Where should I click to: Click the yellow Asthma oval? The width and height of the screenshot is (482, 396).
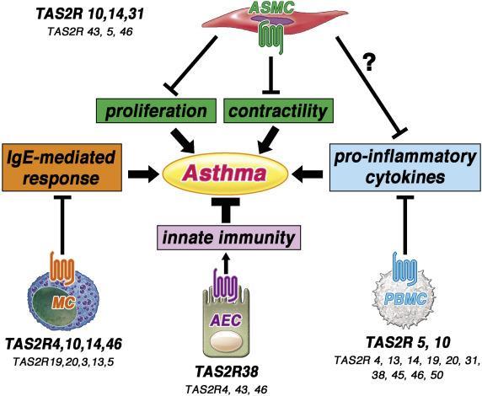[225, 173]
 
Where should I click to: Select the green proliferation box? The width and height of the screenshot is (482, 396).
[156, 110]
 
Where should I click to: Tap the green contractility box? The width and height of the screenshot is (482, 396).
[278, 110]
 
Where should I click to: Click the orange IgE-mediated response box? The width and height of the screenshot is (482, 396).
[62, 167]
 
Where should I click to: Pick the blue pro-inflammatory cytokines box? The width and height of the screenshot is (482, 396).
[405, 167]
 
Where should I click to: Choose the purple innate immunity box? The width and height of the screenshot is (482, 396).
[229, 238]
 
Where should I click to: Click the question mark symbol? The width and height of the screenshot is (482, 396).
[369, 62]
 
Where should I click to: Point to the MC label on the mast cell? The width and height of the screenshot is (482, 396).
[63, 303]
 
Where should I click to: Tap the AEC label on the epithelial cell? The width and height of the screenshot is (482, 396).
[225, 320]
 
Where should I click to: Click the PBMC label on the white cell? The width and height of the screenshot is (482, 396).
[405, 299]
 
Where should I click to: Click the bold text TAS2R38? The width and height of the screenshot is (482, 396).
[227, 372]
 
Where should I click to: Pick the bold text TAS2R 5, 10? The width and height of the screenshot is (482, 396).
[408, 343]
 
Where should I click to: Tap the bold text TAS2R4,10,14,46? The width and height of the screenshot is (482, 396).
[64, 344]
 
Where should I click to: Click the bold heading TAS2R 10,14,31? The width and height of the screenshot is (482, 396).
[90, 14]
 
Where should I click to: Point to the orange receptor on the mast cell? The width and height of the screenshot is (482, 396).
[62, 266]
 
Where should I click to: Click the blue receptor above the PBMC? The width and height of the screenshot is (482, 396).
[405, 268]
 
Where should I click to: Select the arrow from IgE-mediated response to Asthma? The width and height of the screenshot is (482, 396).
[143, 174]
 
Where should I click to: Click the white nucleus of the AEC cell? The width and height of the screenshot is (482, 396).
[226, 341]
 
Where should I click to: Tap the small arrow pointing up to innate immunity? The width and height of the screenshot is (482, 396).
[226, 263]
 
